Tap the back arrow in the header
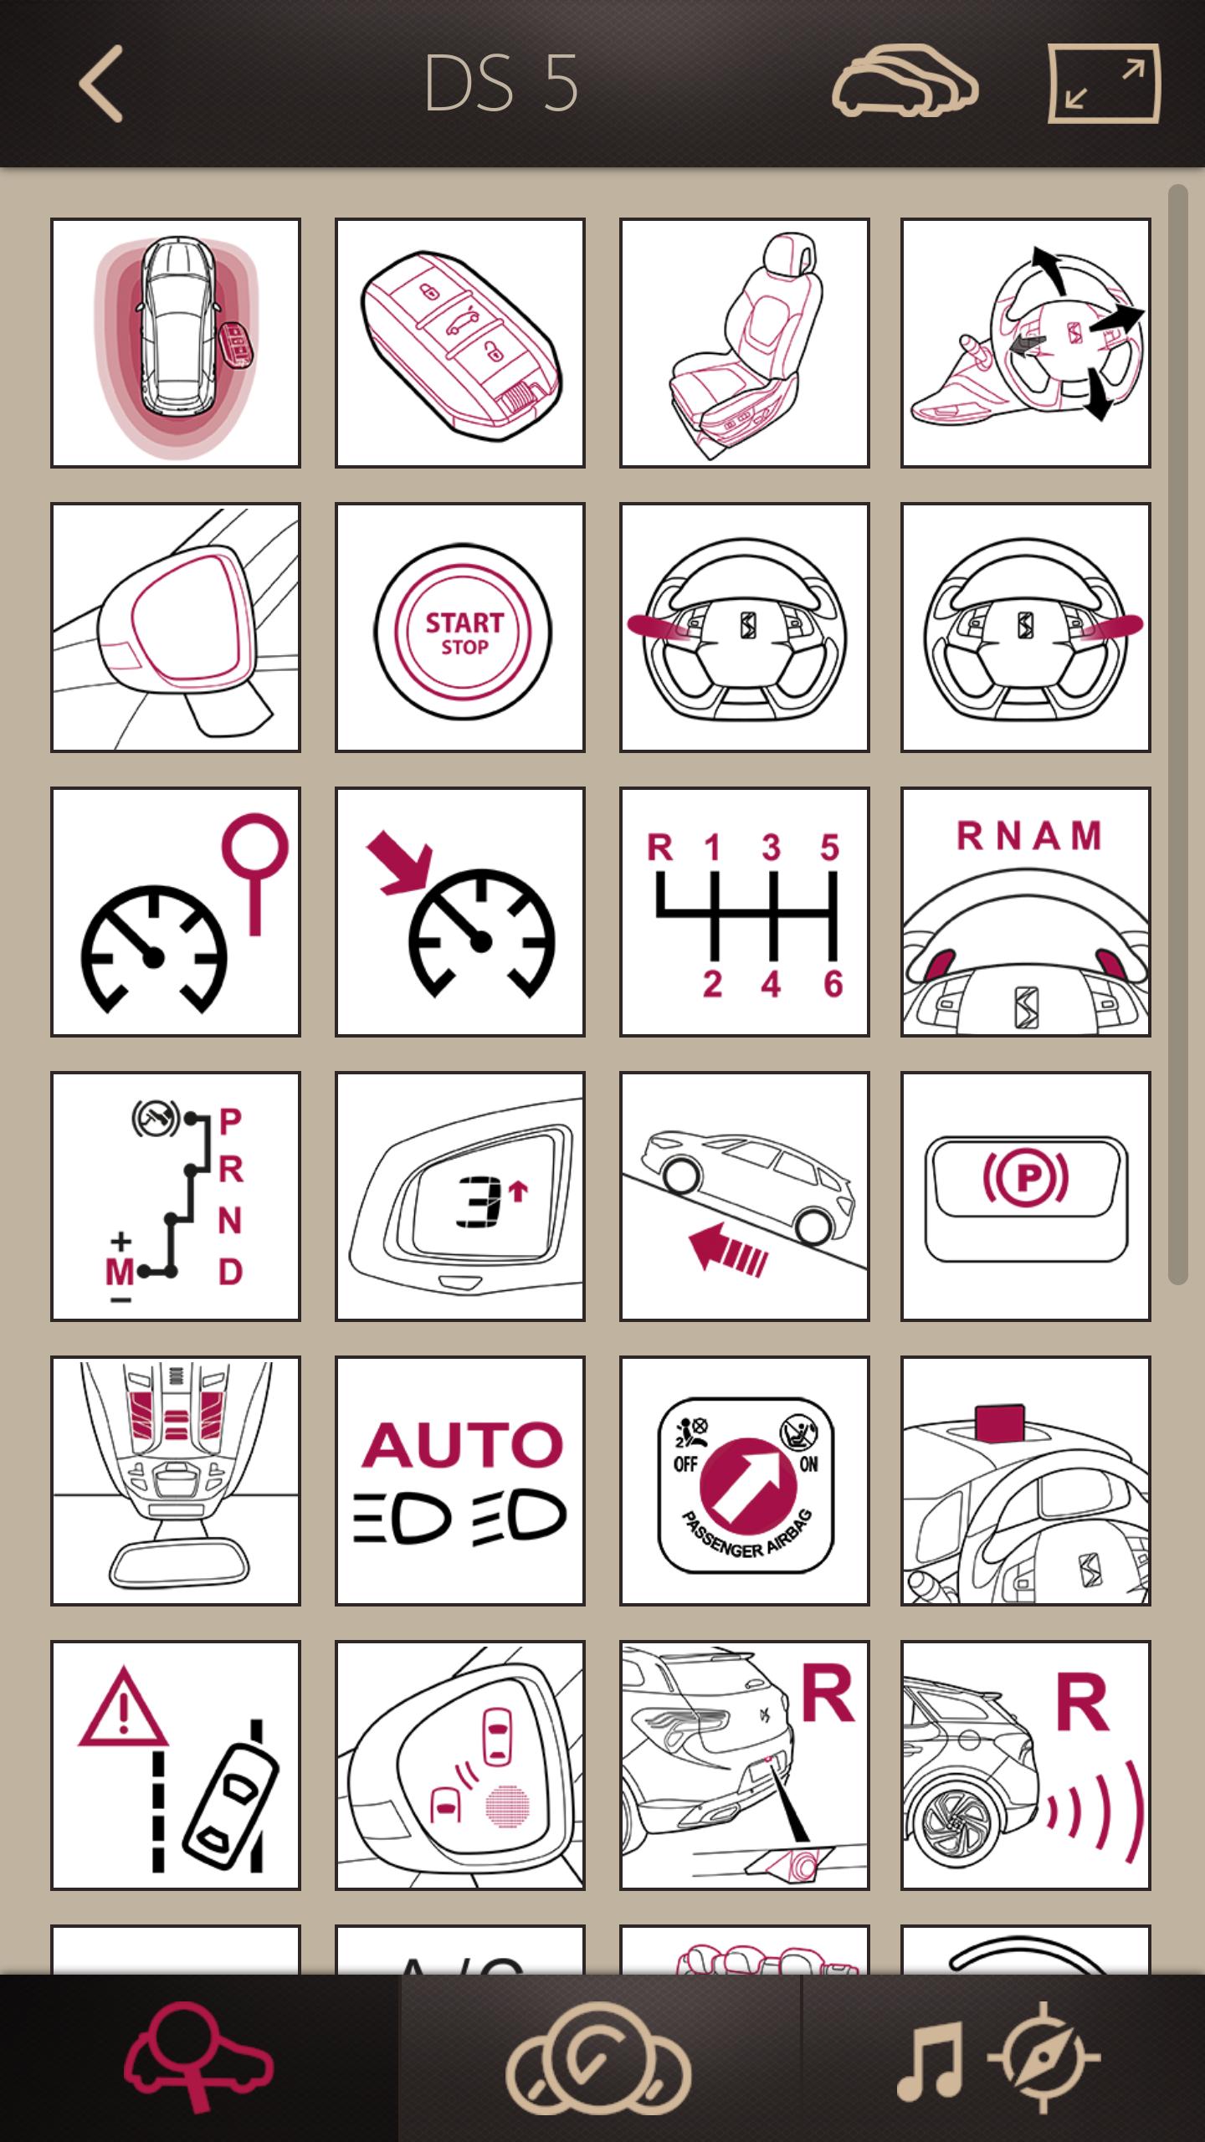102,84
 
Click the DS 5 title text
501,84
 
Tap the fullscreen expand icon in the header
1104,84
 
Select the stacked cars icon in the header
905,81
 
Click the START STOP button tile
460,628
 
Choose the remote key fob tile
460,343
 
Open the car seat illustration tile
744,343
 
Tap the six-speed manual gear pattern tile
744,912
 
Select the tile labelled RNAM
1026,912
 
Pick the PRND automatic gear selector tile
176,1197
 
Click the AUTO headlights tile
460,1481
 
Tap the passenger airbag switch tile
744,1481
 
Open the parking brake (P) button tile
1026,1197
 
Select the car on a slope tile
744,1197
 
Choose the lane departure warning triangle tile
176,1765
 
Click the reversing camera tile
744,1765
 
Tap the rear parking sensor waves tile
1026,1765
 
